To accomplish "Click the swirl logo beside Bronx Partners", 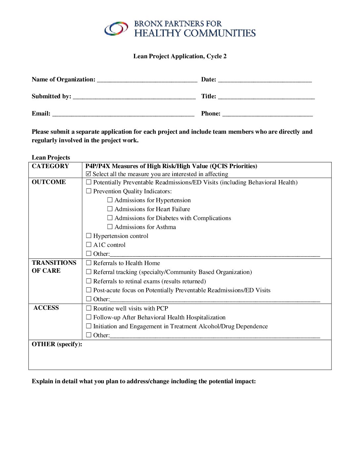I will click(x=116, y=29).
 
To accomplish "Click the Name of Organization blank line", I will click(x=147, y=80).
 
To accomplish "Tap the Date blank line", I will click(x=265, y=80).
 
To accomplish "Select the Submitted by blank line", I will click(x=134, y=97).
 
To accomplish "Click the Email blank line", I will click(x=123, y=114).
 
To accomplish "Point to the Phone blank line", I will click(x=267, y=114).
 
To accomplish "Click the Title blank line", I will click(x=266, y=97).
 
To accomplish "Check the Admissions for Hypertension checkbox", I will click(x=110, y=200).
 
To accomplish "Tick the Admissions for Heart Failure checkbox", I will click(x=110, y=209).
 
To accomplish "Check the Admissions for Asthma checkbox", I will click(x=110, y=227).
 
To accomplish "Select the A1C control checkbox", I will click(x=89, y=245).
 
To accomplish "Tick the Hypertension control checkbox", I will click(x=89, y=236).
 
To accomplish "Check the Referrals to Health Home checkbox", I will click(x=89, y=263).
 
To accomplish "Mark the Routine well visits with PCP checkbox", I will click(x=89, y=308).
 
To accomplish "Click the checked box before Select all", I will click(x=88, y=174).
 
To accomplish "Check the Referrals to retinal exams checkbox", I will click(x=89, y=281).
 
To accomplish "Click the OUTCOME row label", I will click(x=49, y=182).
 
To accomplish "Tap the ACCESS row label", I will click(x=46, y=308).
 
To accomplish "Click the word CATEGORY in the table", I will click(x=50, y=166).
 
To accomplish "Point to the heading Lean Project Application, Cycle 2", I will click(x=180, y=56).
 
